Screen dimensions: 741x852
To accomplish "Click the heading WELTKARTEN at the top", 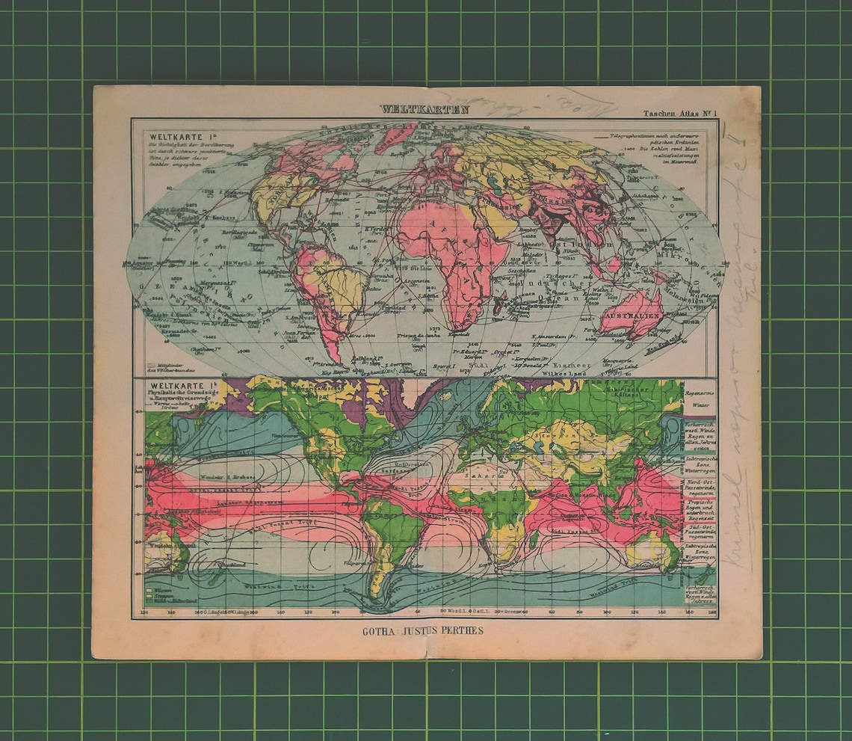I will coord(424,109).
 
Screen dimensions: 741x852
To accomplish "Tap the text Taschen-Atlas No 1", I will coord(679,114).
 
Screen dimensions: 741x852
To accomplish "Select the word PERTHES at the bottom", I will coord(459,630).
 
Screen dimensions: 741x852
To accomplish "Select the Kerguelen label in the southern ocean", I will coord(516,360).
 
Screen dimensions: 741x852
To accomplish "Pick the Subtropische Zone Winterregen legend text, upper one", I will coord(700,463).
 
